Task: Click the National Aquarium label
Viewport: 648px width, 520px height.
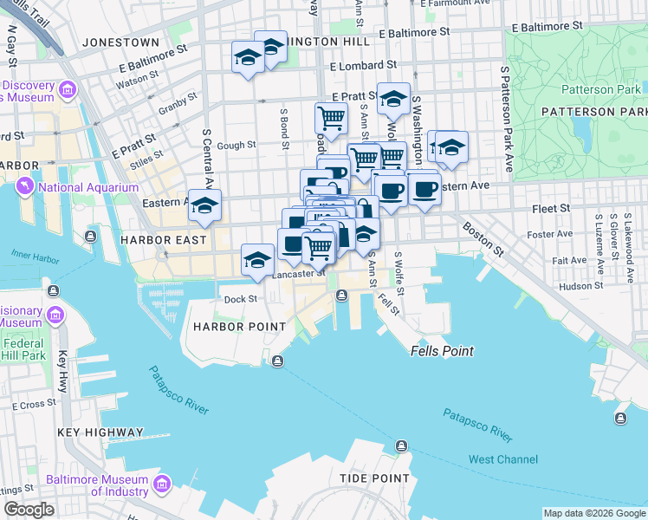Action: click(88, 187)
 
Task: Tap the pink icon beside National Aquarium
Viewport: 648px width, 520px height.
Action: click(25, 187)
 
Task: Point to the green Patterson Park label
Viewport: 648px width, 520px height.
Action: click(600, 89)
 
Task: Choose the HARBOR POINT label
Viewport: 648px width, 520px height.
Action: click(239, 327)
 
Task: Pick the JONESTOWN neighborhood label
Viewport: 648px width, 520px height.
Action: click(120, 42)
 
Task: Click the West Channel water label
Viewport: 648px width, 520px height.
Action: click(502, 459)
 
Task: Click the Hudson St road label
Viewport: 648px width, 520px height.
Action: click(580, 285)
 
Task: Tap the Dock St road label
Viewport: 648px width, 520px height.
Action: click(241, 299)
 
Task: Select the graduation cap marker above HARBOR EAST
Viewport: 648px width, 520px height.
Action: click(204, 206)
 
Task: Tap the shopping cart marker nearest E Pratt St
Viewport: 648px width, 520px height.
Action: click(331, 117)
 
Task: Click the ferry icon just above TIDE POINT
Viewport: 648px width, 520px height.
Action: click(401, 446)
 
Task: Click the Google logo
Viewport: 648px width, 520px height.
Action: click(29, 510)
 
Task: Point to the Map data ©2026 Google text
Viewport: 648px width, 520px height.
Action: click(594, 513)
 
